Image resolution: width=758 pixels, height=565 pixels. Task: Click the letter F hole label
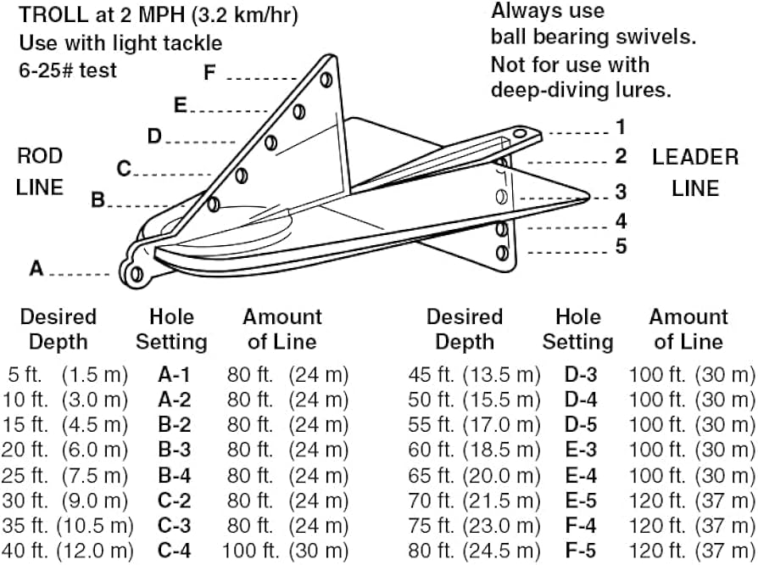coord(210,74)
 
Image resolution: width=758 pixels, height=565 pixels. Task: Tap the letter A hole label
coord(36,268)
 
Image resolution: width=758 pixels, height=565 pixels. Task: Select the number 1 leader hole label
coord(621,128)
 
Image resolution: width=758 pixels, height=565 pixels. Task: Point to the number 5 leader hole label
coord(621,246)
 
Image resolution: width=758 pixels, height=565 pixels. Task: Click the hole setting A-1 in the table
coord(174,374)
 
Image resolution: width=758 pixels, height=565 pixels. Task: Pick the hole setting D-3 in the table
coord(580,374)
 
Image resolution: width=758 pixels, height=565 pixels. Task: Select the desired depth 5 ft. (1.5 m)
coord(68,374)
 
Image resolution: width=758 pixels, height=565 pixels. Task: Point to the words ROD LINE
coord(40,172)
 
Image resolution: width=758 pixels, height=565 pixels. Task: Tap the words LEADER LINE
coord(694,172)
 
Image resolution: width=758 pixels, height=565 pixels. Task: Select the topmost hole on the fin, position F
coord(325,80)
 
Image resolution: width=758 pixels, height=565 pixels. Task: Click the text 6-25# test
coord(67,70)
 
